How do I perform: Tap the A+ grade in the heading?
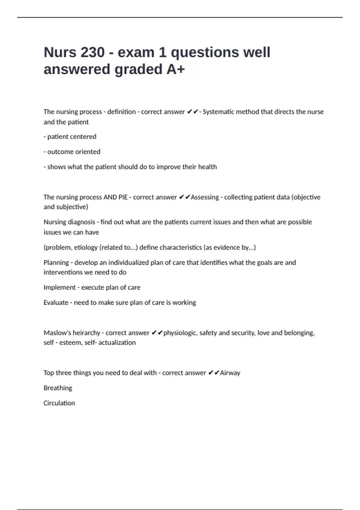click(176, 69)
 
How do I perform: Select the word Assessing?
click(205, 197)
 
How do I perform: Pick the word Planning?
click(56, 262)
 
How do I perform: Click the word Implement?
click(59, 287)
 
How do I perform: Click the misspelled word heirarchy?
click(86, 333)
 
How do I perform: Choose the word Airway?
click(230, 373)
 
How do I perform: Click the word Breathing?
click(58, 388)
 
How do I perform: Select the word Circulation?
click(59, 403)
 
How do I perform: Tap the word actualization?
click(117, 343)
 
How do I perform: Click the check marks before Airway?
click(214, 373)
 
